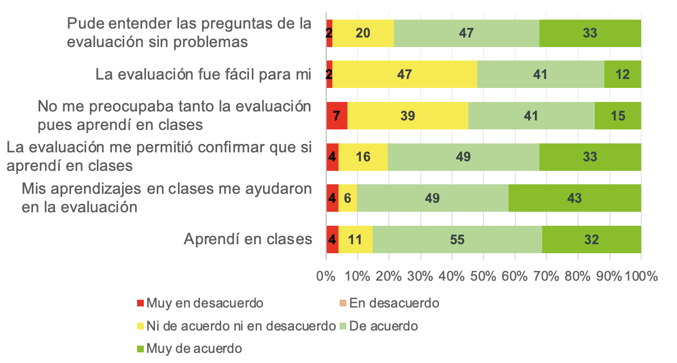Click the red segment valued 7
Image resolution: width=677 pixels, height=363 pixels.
coord(337,116)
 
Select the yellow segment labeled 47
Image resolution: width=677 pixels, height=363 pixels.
coord(405,75)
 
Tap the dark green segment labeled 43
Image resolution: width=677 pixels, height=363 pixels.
coord(575,198)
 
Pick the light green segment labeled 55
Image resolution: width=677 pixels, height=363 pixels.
coord(457,240)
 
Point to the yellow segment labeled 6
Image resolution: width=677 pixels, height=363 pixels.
coord(347,198)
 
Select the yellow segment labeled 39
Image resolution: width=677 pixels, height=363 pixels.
coord(408,116)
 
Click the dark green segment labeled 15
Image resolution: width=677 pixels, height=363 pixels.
coord(618,116)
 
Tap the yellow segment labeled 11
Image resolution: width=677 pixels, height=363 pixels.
coord(355,240)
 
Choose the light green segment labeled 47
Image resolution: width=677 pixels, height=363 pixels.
coord(467,33)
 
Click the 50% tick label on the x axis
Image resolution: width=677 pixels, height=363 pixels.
coord(483,276)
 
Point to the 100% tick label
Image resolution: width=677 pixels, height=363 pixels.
coord(641,276)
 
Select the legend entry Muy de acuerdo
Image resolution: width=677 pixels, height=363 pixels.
coord(194,348)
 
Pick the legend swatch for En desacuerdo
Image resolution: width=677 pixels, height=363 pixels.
coord(344,304)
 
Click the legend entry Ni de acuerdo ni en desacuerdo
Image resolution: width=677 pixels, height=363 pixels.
coord(241,326)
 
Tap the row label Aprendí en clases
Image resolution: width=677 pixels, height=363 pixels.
coord(248,240)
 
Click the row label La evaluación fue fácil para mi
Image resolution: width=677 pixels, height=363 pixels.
coord(203,75)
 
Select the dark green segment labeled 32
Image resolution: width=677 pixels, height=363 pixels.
coord(591,240)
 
